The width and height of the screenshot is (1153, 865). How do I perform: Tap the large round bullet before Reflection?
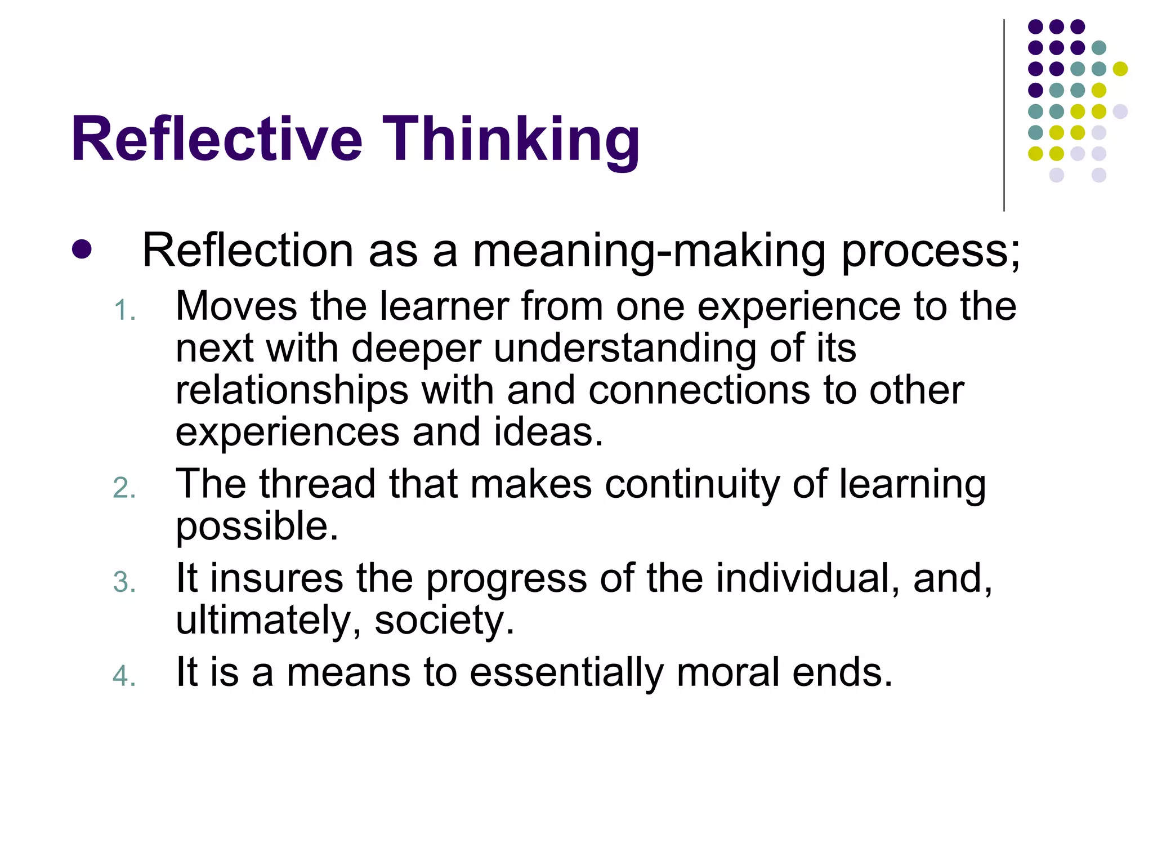click(x=82, y=249)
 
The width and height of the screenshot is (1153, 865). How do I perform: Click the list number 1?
click(x=124, y=311)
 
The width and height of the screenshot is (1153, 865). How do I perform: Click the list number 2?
click(x=124, y=488)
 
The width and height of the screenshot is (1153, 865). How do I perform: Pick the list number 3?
click(x=124, y=582)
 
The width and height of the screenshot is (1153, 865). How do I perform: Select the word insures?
click(x=276, y=578)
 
